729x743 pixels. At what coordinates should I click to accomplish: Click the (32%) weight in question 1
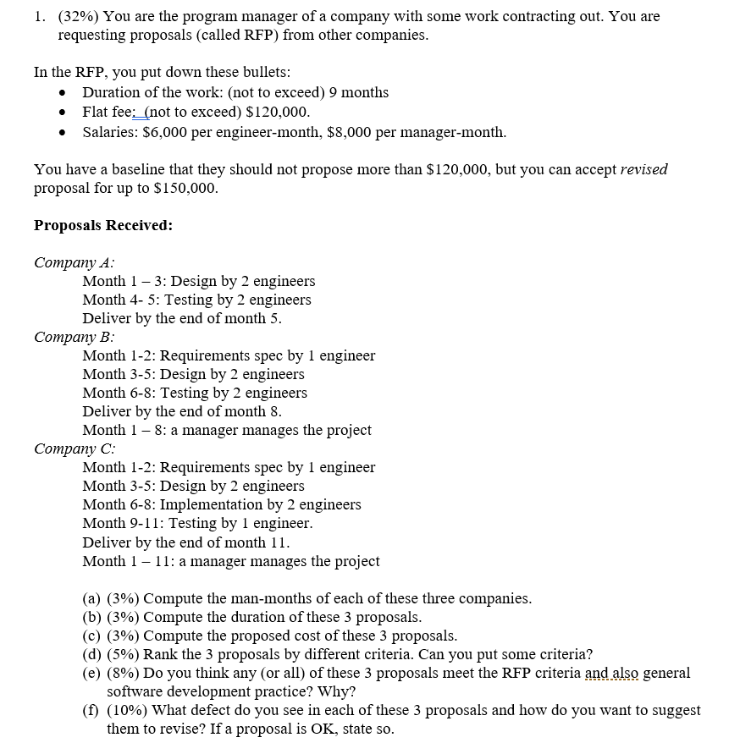pyautogui.click(x=79, y=16)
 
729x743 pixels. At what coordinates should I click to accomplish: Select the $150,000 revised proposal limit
pyautogui.click(x=188, y=188)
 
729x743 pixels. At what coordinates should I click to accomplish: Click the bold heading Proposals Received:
pyautogui.click(x=103, y=225)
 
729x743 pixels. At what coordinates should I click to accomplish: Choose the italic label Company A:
pyautogui.click(x=75, y=262)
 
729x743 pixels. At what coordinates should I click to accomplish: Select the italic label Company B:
pyautogui.click(x=75, y=337)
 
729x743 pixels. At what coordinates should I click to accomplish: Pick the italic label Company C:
pyautogui.click(x=75, y=449)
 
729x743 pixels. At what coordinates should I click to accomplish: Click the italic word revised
pyautogui.click(x=643, y=169)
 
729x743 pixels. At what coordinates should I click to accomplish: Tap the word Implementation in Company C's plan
pyautogui.click(x=208, y=504)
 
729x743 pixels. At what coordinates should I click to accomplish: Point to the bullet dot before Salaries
pyautogui.click(x=63, y=133)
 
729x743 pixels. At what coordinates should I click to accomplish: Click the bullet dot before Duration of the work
pyautogui.click(x=63, y=93)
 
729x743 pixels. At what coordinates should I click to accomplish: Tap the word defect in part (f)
pyautogui.click(x=224, y=710)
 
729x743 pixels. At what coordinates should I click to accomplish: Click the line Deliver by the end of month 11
pyautogui.click(x=186, y=542)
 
